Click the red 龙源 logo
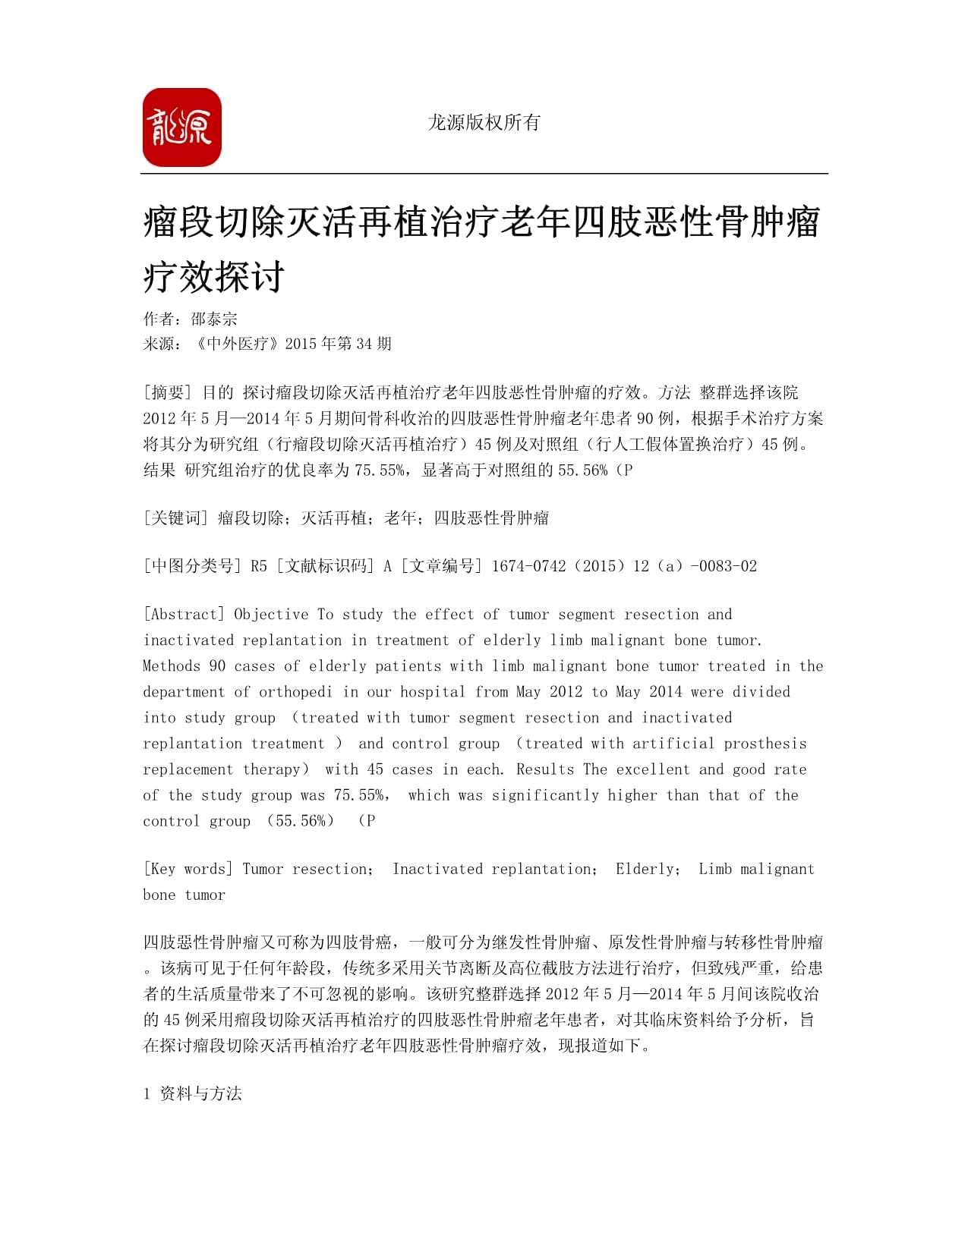point(182,127)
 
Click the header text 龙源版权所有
point(484,122)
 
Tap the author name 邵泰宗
point(214,319)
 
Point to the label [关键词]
point(175,518)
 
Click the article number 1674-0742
point(528,566)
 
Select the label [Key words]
point(188,869)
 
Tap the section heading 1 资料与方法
point(193,1093)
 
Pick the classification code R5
point(259,566)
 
